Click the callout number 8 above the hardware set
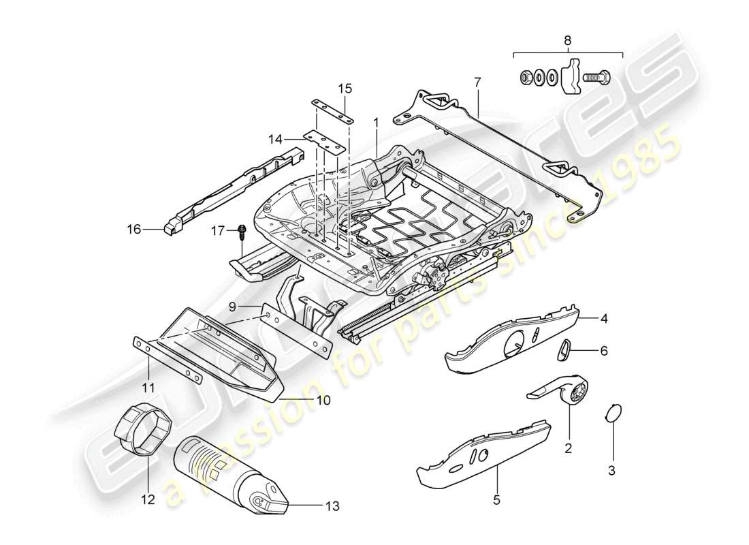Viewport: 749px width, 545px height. (568, 40)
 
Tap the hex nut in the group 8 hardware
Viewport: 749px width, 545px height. (526, 77)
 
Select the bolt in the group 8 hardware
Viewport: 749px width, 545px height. (596, 77)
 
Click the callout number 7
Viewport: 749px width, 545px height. (477, 82)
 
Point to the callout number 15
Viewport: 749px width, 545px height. (345, 89)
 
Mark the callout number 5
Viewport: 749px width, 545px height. (496, 500)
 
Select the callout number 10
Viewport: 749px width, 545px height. (323, 401)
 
